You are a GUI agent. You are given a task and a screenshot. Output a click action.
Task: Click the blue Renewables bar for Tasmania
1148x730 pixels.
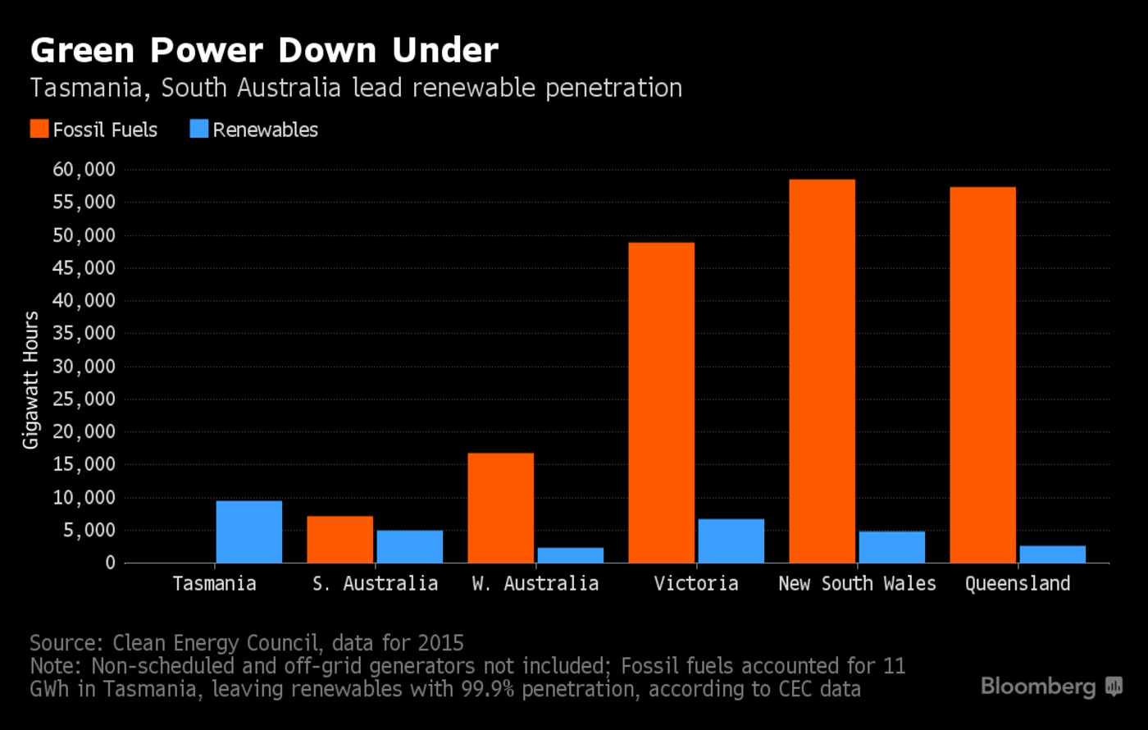(248, 532)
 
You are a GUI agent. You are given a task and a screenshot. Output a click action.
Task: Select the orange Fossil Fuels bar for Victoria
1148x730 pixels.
(661, 403)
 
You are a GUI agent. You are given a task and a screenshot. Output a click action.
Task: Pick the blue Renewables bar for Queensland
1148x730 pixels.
(1052, 554)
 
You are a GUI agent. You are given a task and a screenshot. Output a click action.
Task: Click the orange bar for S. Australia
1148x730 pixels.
(339, 540)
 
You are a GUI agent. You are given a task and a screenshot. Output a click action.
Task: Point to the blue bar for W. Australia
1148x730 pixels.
(570, 555)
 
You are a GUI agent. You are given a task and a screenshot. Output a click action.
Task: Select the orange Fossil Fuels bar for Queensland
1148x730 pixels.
(982, 375)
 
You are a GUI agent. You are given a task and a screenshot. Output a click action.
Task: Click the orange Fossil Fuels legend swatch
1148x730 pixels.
(39, 129)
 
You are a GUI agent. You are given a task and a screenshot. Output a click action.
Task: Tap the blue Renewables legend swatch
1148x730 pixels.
(198, 129)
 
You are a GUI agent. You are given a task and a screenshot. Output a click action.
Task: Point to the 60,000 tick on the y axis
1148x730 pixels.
(84, 170)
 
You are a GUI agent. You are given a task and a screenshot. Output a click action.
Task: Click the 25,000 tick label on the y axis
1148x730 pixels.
(84, 399)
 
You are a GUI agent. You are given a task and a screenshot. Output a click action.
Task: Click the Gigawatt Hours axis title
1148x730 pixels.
(30, 380)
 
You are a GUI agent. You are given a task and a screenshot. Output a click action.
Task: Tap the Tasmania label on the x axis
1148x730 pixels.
(214, 584)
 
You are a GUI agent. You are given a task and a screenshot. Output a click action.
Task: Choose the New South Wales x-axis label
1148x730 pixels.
(857, 584)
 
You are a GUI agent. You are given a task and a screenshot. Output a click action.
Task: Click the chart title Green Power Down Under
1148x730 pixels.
(264, 51)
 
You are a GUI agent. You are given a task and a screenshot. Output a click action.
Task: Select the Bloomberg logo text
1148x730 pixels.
(1038, 686)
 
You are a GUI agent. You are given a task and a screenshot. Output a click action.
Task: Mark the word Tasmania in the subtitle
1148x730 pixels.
(89, 88)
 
